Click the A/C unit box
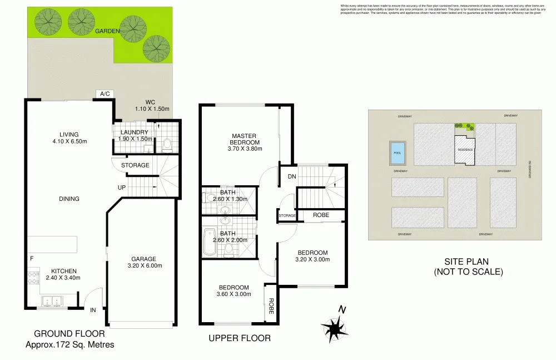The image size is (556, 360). point(105,94)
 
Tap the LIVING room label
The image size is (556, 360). point(69,134)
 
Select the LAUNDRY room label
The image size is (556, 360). point(134,132)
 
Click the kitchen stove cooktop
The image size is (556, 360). point(32,277)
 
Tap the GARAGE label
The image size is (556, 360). point(143,259)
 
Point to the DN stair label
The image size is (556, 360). point(292,176)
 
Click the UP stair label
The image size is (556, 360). point(121,188)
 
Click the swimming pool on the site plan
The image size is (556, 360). point(397,152)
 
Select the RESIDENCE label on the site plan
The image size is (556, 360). point(465,150)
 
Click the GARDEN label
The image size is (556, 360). point(107,32)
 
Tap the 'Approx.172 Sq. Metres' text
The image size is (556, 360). point(69,344)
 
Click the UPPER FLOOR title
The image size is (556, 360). point(239,338)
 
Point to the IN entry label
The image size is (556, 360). point(93,309)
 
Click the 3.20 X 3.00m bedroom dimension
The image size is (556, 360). point(312,259)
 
